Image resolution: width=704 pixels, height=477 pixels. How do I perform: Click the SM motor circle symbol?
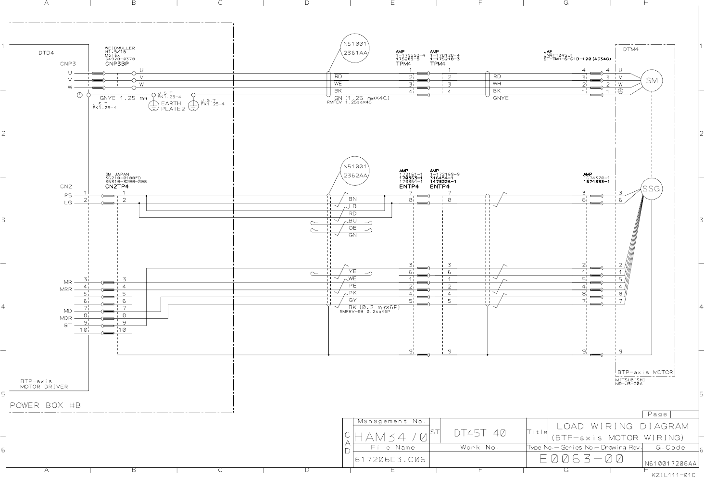click(x=652, y=81)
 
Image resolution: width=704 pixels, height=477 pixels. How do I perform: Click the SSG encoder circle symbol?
click(x=652, y=189)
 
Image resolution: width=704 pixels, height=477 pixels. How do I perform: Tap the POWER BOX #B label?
click(x=45, y=405)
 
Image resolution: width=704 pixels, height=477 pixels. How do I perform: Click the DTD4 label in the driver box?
click(x=46, y=53)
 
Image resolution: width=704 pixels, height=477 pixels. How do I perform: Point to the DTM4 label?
click(x=630, y=49)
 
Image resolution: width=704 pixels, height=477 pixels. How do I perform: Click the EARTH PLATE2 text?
click(x=171, y=106)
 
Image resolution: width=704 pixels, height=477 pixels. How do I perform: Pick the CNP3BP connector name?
click(x=117, y=63)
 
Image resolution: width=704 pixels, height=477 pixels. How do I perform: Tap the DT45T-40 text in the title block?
click(x=479, y=433)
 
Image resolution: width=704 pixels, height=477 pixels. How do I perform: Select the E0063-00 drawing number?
click(x=581, y=459)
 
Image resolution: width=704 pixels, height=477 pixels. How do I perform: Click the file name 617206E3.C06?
click(x=390, y=460)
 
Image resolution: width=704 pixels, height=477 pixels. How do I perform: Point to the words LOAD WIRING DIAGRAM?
click(x=622, y=426)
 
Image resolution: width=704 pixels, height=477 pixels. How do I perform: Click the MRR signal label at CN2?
click(x=66, y=289)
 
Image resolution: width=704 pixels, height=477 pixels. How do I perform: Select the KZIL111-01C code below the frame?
click(x=673, y=474)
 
